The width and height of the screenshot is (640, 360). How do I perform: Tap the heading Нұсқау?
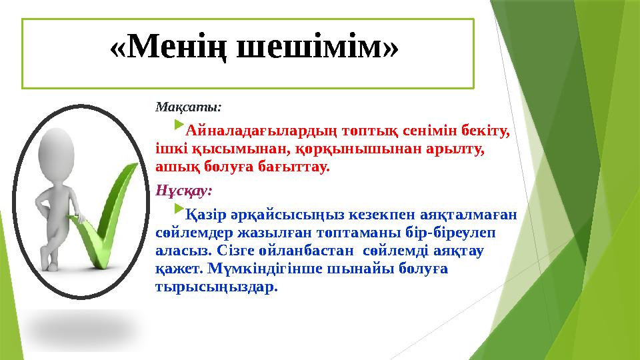pyautogui.click(x=184, y=190)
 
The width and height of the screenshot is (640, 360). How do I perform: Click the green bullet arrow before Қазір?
pyautogui.click(x=179, y=211)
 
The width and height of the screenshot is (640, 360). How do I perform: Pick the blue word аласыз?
pyautogui.click(x=178, y=253)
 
